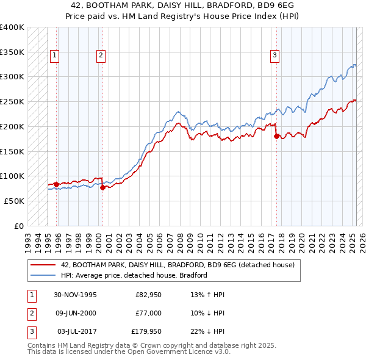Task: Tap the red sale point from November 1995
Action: click(56, 184)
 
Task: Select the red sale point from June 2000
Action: click(102, 187)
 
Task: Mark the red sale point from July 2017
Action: click(276, 137)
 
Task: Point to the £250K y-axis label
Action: click(12, 102)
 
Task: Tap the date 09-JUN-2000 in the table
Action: click(75, 313)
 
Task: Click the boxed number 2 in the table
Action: click(30, 313)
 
